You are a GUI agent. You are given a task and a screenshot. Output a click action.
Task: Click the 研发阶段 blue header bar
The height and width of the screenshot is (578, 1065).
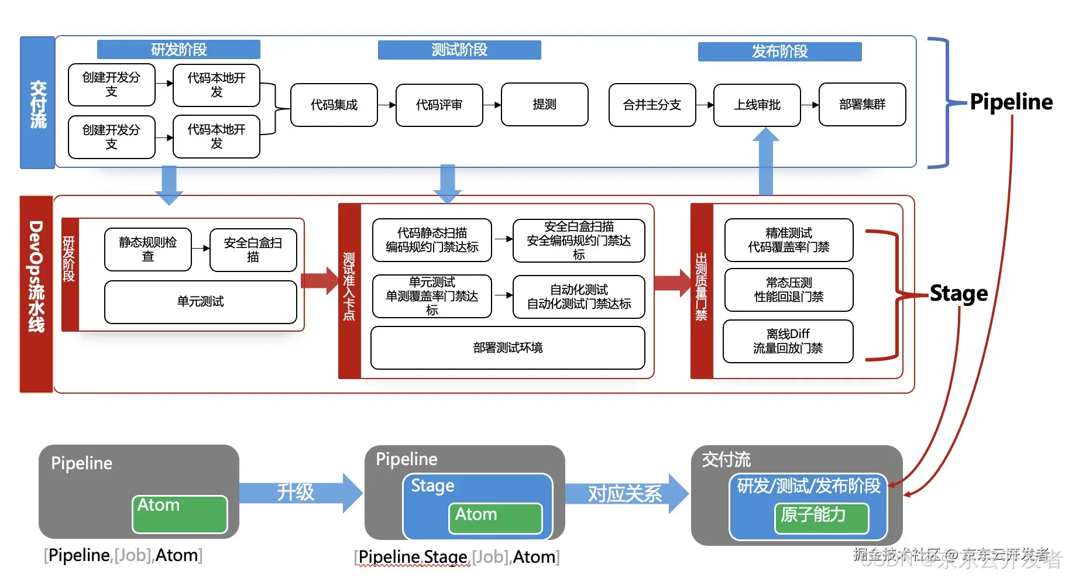click(178, 50)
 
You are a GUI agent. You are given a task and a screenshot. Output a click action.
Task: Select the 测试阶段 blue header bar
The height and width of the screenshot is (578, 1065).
click(459, 50)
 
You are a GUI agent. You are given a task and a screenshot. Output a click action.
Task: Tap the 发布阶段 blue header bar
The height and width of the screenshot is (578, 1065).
click(779, 51)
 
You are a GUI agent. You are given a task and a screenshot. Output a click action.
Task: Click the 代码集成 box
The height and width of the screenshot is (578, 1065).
click(334, 105)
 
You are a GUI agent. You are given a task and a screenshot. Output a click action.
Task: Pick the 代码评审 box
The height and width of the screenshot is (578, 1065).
click(439, 105)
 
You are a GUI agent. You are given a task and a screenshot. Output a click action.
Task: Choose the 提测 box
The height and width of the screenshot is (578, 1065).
click(545, 104)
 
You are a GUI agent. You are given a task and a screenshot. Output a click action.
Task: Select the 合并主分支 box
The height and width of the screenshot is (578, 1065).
click(652, 105)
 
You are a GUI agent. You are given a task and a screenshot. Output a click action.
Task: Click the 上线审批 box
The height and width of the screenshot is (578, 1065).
click(757, 105)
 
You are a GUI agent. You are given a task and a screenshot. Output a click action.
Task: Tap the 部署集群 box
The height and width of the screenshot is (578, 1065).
click(862, 104)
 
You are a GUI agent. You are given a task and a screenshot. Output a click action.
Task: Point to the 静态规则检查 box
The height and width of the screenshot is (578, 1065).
click(148, 249)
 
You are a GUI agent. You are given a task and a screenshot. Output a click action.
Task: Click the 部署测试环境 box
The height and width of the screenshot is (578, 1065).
click(508, 348)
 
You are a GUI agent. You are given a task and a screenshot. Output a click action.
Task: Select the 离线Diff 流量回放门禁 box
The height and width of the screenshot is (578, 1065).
click(788, 341)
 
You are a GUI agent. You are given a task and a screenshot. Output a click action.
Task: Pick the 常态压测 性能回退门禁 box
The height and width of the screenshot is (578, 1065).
click(789, 290)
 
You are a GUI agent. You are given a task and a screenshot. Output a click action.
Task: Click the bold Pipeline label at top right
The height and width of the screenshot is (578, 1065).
click(1011, 102)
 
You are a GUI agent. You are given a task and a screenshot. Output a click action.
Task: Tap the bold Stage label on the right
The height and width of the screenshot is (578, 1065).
click(958, 293)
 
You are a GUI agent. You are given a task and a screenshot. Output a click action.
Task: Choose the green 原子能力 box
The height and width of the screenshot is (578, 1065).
click(821, 518)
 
